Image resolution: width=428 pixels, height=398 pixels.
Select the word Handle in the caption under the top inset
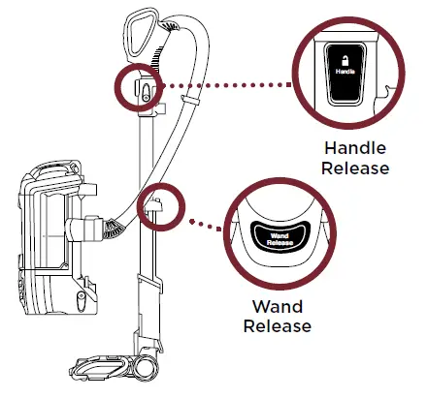[x=356, y=150]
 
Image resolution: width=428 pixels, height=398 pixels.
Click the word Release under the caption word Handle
[x=356, y=168]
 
